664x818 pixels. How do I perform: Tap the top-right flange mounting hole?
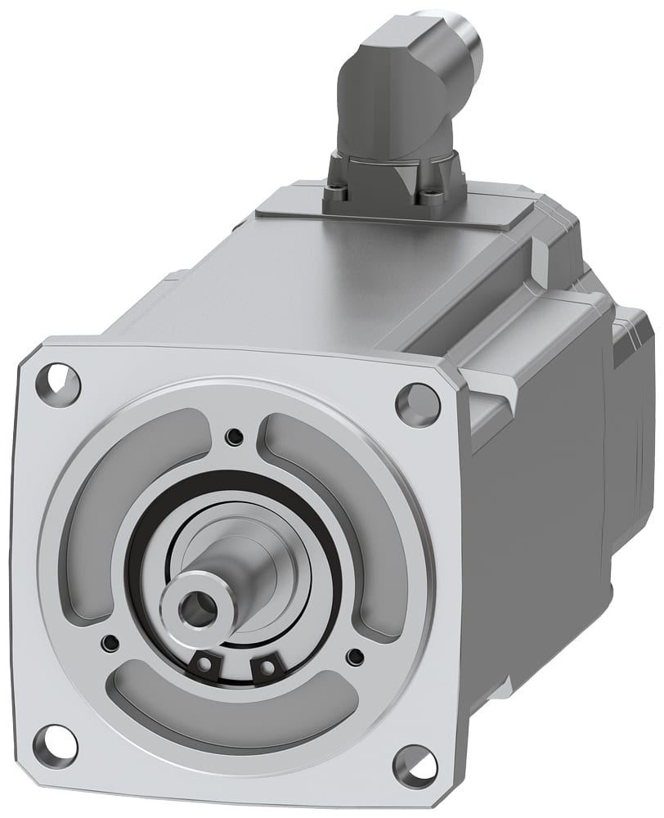[417, 402]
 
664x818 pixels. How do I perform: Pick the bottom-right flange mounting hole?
[415, 764]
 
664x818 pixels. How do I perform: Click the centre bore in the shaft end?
[195, 606]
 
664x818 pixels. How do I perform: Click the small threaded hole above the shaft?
[236, 434]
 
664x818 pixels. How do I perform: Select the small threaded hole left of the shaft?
[109, 641]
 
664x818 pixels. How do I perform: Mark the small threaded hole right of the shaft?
[354, 656]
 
